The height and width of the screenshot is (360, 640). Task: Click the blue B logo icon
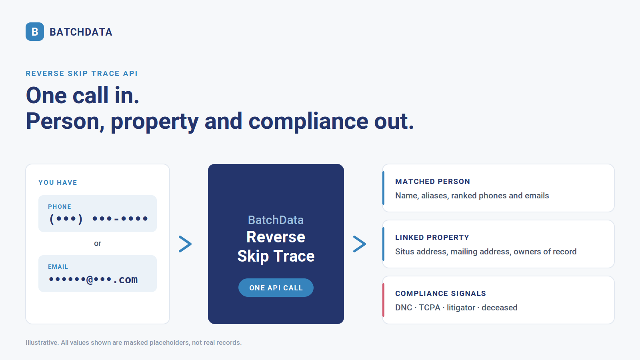[34, 32]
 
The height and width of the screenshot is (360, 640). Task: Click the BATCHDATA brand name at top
[81, 32]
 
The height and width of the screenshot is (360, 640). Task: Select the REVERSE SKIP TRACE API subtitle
[82, 74]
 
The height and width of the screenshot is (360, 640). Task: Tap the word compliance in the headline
[308, 122]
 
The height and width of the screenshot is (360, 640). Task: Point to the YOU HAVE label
[58, 182]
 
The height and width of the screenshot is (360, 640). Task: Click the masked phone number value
[98, 219]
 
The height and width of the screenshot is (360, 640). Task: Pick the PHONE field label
[60, 206]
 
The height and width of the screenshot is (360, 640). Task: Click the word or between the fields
[98, 244]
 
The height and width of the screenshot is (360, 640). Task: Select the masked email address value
[93, 280]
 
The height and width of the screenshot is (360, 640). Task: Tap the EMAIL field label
[58, 266]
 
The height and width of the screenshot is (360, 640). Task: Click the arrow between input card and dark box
[185, 244]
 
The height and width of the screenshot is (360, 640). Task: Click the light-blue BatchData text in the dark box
[276, 220]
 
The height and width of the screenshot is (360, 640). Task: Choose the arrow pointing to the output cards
[360, 244]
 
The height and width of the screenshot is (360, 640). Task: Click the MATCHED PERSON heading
[432, 182]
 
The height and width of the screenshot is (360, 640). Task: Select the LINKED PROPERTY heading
[432, 238]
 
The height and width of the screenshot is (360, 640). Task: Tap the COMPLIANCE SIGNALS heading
[440, 294]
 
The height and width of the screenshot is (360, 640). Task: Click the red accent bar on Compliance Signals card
[384, 300]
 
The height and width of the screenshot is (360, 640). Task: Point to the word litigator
[461, 308]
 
